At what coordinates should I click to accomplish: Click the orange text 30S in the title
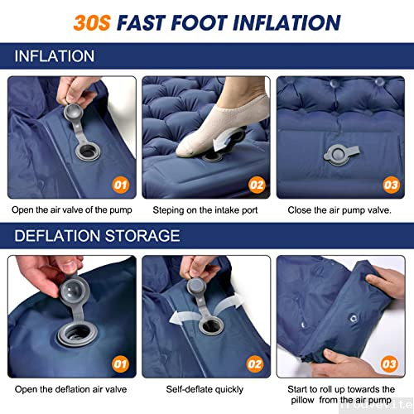[x=92, y=22]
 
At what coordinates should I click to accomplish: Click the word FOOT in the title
[x=199, y=22]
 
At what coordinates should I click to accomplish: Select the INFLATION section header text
[x=55, y=56]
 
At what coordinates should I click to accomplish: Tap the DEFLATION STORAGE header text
[x=97, y=236]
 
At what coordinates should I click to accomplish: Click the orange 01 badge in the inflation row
[x=121, y=185]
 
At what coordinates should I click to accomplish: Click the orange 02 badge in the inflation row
[x=257, y=185]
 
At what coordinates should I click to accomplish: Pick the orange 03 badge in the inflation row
[x=391, y=185]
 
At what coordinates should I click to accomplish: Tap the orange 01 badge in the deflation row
[x=120, y=364]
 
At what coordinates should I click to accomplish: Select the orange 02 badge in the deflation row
[x=255, y=364]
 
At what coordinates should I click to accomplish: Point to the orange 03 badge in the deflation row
[x=389, y=364]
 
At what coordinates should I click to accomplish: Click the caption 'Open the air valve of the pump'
[x=72, y=210]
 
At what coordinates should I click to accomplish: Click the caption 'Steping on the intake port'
[x=205, y=210]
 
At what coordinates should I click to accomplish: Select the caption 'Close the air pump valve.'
[x=339, y=210]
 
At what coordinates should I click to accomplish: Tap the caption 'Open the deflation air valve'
[x=70, y=389]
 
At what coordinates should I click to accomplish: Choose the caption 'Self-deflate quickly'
[x=205, y=389]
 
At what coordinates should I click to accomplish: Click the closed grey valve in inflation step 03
[x=341, y=155]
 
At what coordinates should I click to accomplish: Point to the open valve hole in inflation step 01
[x=89, y=152]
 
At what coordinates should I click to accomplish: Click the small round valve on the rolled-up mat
[x=354, y=319]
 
